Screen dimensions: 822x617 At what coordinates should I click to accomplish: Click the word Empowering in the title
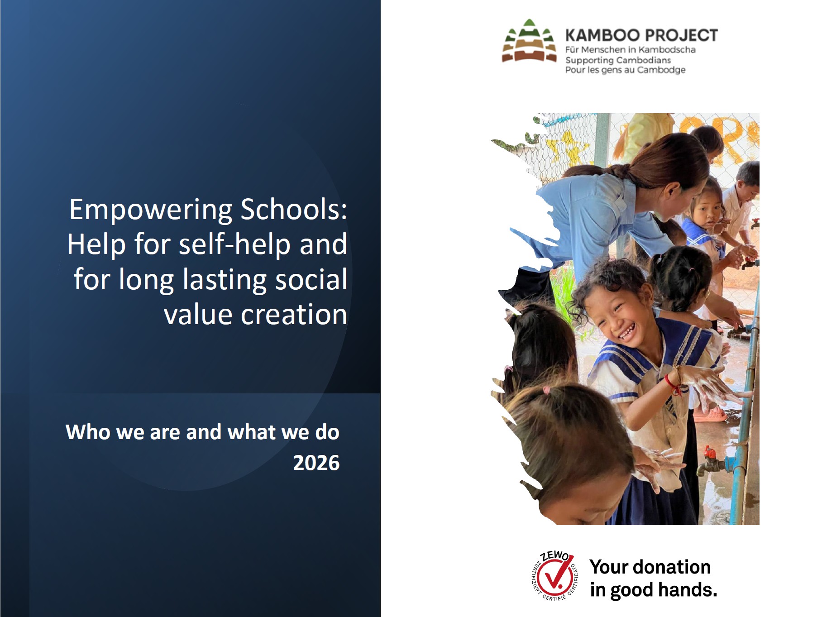pos(151,210)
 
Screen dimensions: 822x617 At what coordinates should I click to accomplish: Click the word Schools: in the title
pos(294,210)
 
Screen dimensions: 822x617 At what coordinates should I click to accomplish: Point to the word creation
pos(294,315)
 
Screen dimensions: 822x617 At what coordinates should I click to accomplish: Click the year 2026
pos(316,463)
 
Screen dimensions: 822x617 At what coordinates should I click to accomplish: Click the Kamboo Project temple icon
pos(529,41)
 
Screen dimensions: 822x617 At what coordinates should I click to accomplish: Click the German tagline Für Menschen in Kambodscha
pos(630,50)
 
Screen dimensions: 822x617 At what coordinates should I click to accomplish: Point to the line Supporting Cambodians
pos(618,60)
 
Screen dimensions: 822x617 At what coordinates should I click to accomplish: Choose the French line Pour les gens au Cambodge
pos(625,70)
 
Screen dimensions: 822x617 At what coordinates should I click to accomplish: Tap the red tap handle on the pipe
pos(710,451)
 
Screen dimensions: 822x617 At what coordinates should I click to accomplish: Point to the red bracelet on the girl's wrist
pos(673,385)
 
